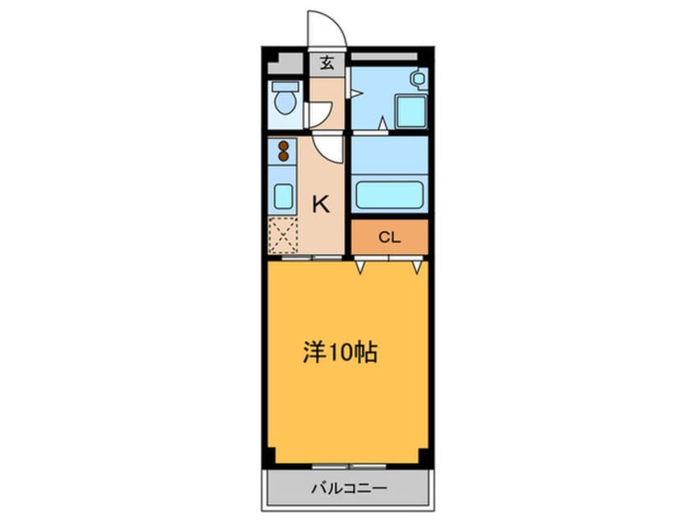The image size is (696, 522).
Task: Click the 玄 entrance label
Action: coord(327,63)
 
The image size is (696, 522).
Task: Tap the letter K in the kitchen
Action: coord(321,204)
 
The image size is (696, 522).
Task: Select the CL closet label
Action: coord(389,238)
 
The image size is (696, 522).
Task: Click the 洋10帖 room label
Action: coord(340,352)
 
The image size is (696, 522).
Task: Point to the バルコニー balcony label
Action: coord(349,489)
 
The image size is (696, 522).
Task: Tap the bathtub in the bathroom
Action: coord(389,194)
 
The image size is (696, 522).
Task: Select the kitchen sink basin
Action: coord(283,196)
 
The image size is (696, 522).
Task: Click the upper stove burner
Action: coord(283,146)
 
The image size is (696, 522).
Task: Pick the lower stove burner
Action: coord(283,156)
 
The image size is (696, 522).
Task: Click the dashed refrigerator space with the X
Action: coord(283,236)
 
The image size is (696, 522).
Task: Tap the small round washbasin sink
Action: coord(420,79)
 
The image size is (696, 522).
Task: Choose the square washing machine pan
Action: coord(411,112)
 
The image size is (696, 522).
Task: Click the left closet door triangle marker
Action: coord(360,268)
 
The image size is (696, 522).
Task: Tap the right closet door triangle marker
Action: coord(417,268)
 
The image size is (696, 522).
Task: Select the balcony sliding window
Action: coord(349,467)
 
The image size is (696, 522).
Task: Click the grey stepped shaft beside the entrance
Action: coord(285,63)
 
